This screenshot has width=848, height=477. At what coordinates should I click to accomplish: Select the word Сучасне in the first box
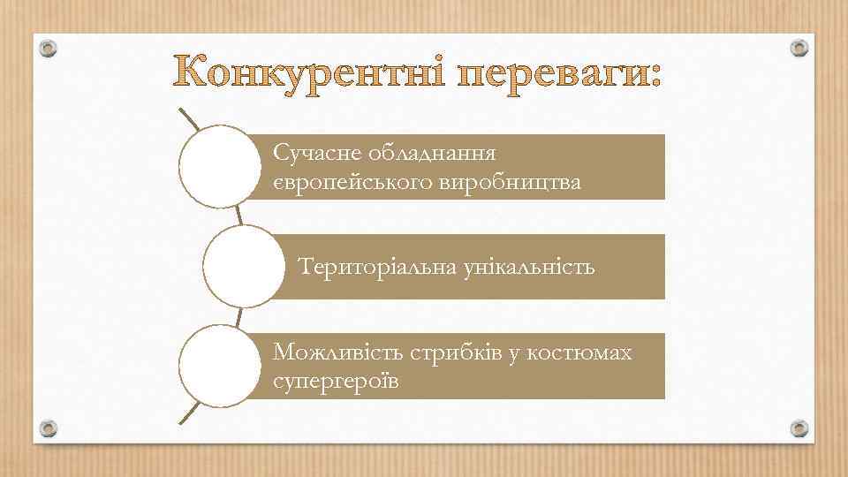[312, 154]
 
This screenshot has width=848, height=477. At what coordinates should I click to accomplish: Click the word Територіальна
[377, 266]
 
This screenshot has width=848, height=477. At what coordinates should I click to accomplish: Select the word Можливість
[338, 353]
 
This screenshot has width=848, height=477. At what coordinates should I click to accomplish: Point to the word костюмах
[579, 353]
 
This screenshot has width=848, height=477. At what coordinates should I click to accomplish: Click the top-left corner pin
[49, 48]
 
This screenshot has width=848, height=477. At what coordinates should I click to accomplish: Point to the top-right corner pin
[799, 48]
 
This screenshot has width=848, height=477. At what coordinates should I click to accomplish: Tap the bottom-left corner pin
[49, 428]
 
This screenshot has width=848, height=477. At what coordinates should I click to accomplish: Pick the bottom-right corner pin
[799, 428]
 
